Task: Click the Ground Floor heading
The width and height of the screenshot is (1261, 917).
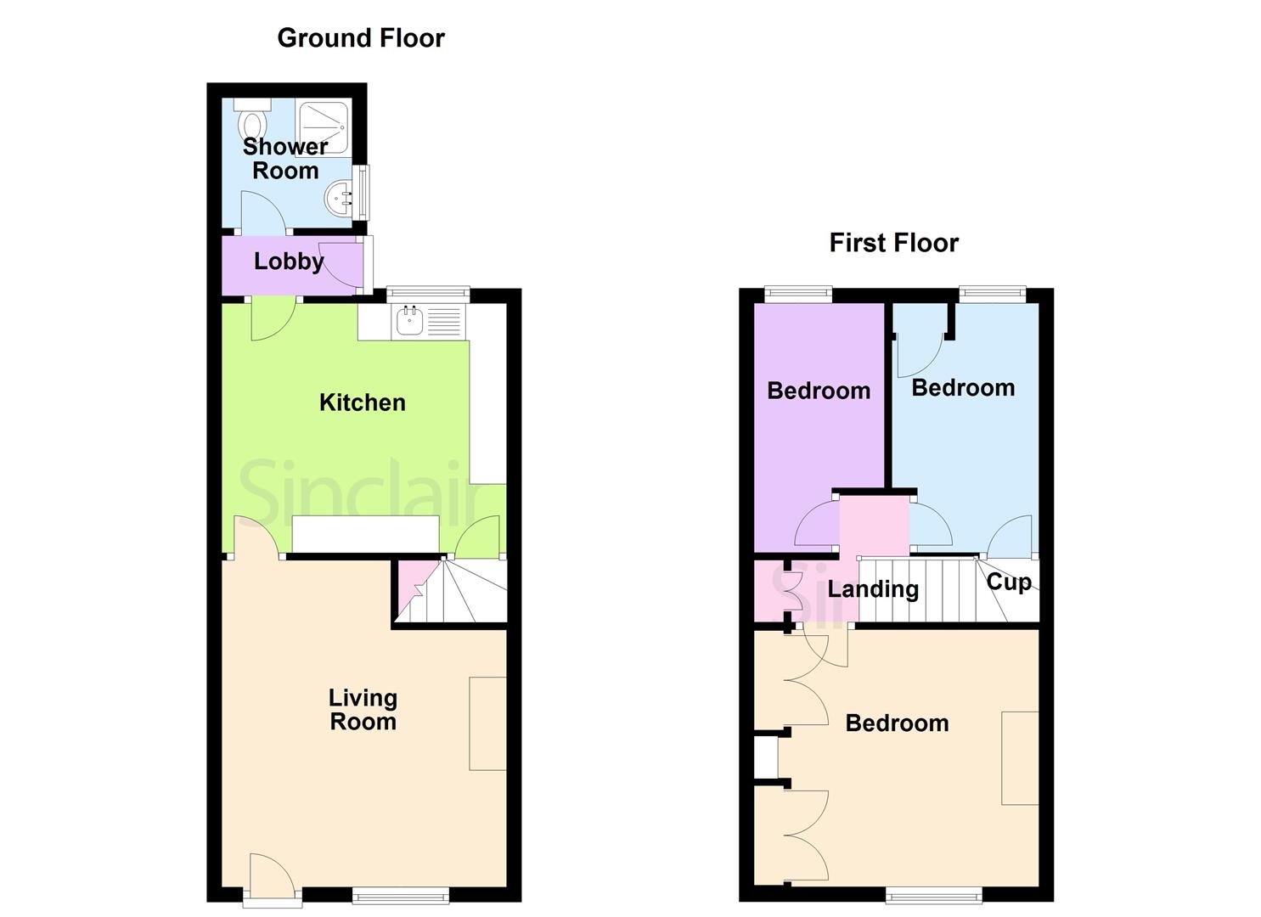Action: click(361, 38)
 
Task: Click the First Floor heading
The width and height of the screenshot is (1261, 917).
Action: click(893, 243)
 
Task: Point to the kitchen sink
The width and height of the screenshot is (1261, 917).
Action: click(409, 321)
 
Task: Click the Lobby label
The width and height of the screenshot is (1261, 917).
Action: click(289, 261)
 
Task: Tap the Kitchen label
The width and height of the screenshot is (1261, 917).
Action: click(363, 402)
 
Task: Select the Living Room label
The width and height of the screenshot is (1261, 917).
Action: click(363, 710)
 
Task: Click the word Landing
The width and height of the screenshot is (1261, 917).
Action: click(873, 589)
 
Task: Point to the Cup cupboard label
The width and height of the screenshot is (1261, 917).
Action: click(1009, 582)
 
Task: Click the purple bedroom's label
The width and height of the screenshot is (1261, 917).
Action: click(819, 391)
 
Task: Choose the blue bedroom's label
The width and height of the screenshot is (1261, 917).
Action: click(963, 388)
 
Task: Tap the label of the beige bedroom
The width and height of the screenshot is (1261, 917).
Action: click(897, 723)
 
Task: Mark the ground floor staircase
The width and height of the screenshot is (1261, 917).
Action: click(463, 590)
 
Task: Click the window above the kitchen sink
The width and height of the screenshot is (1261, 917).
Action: click(428, 293)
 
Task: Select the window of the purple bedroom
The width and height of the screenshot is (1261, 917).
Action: click(797, 294)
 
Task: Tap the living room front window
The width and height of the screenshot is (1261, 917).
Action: click(400, 893)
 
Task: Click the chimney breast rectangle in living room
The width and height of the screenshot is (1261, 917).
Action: click(487, 723)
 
